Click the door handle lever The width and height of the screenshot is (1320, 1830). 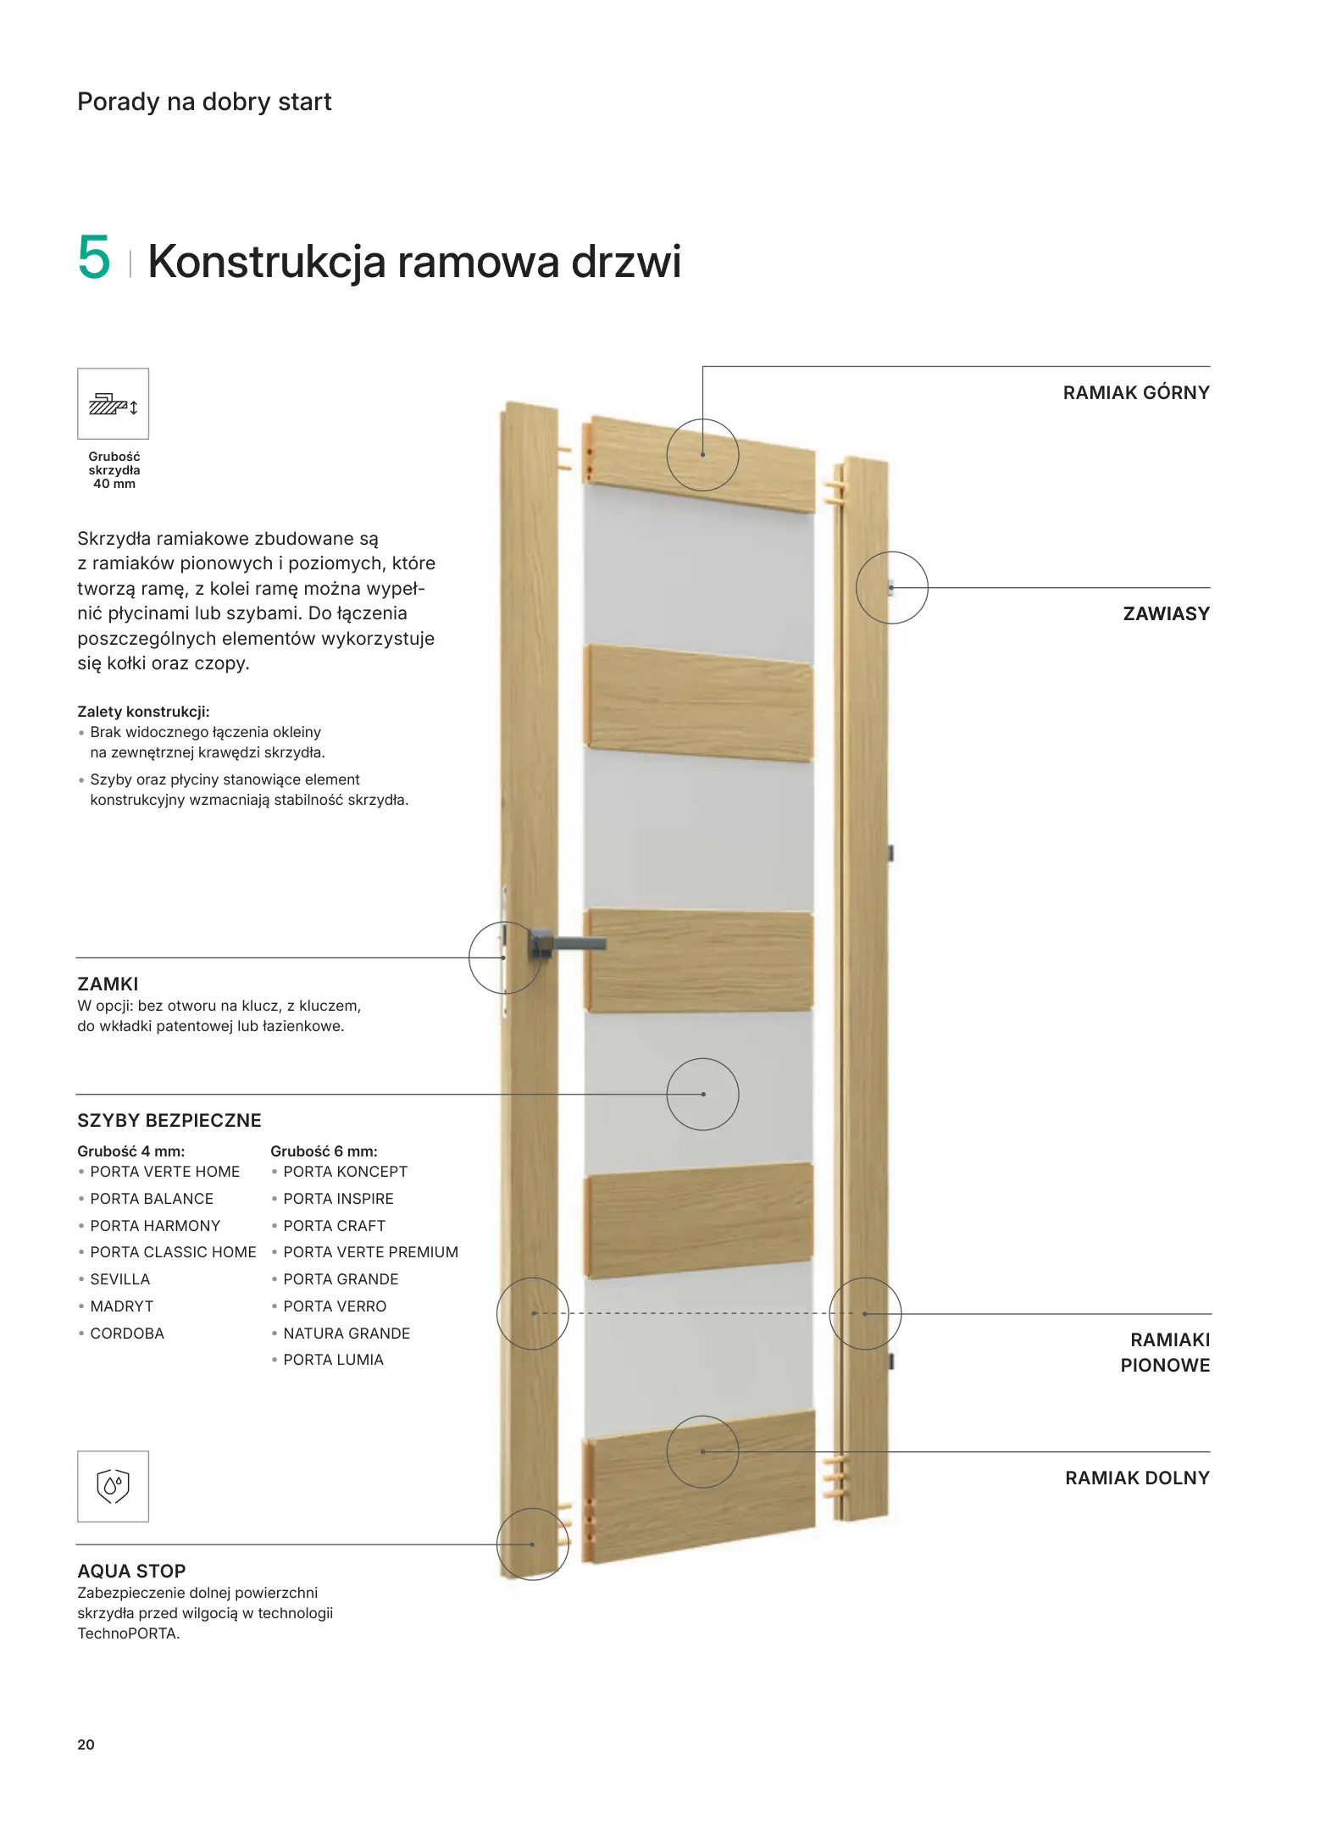576,943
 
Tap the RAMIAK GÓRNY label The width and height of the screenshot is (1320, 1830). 1135,393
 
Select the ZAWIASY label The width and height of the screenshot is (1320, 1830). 1166,614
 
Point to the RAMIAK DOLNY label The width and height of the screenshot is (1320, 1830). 1137,1478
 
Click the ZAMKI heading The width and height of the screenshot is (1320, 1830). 108,984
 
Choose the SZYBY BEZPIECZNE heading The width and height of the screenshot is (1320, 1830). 169,1121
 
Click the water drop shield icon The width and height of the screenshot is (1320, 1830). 114,1487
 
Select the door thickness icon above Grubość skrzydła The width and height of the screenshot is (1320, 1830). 114,404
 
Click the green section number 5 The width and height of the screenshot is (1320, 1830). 94,258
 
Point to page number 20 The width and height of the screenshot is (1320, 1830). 86,1744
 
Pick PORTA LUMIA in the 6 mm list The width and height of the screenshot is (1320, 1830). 333,1360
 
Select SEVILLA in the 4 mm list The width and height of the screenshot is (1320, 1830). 119,1279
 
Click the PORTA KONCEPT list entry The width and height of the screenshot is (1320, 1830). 345,1172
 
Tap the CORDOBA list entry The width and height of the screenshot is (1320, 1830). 127,1334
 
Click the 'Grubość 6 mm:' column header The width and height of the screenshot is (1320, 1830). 324,1151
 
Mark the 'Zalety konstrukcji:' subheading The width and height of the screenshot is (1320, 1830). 143,712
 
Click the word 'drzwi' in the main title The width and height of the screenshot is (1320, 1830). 626,261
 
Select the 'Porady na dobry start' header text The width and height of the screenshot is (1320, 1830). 204,102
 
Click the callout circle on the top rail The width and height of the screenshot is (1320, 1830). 702,455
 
